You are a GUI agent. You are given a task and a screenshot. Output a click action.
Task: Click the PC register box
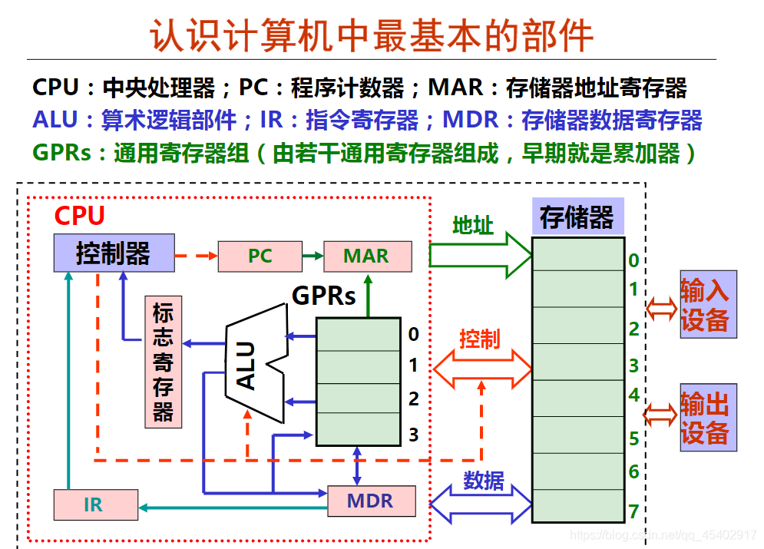pyautogui.click(x=260, y=256)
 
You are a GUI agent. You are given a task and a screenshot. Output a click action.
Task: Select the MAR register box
pyautogui.click(x=367, y=256)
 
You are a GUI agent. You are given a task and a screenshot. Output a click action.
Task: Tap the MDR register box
pyautogui.click(x=371, y=501)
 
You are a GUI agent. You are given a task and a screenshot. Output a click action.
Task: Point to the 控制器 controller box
pyautogui.click(x=114, y=253)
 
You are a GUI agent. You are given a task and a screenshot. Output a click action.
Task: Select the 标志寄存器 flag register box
pyautogui.click(x=163, y=361)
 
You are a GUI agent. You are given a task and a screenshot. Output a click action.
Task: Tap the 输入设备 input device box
pyautogui.click(x=706, y=304)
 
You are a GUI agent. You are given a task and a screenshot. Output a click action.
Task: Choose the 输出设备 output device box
pyautogui.click(x=706, y=417)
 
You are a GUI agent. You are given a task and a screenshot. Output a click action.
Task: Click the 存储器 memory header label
pyautogui.click(x=577, y=217)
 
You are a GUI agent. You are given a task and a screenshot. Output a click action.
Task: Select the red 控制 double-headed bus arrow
pyautogui.click(x=482, y=369)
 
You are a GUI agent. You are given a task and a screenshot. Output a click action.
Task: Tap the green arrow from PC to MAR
pyautogui.click(x=312, y=256)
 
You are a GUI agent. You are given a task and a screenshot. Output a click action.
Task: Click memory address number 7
pyautogui.click(x=633, y=511)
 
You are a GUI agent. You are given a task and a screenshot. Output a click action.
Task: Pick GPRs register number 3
pyautogui.click(x=413, y=435)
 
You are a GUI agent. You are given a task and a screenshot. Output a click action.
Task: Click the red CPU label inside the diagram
pyautogui.click(x=79, y=216)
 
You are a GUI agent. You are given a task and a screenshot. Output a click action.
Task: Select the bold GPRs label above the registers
pyautogui.click(x=325, y=296)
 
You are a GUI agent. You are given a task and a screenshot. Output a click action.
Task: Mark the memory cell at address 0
pyautogui.click(x=577, y=254)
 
